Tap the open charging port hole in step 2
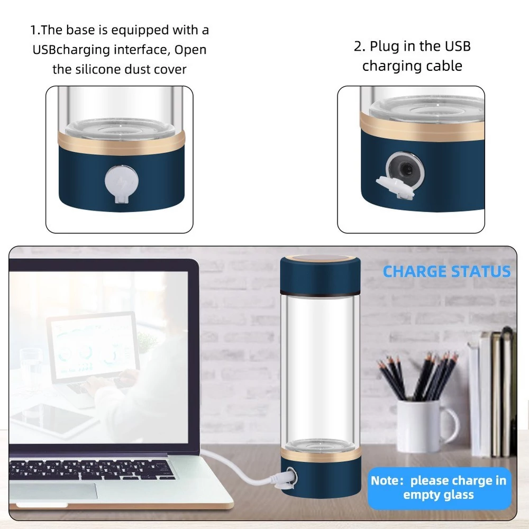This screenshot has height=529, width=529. pyautogui.click(x=405, y=168)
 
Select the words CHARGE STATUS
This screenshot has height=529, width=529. pyautogui.click(x=446, y=271)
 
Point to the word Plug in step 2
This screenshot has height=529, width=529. pyautogui.click(x=385, y=47)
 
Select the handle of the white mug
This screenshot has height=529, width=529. pyautogui.click(x=453, y=425)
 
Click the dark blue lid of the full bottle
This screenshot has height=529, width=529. pyautogui.click(x=320, y=275)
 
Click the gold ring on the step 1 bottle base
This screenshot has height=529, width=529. pyautogui.click(x=122, y=143)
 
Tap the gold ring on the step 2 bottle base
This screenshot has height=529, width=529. pyautogui.click(x=422, y=125)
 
